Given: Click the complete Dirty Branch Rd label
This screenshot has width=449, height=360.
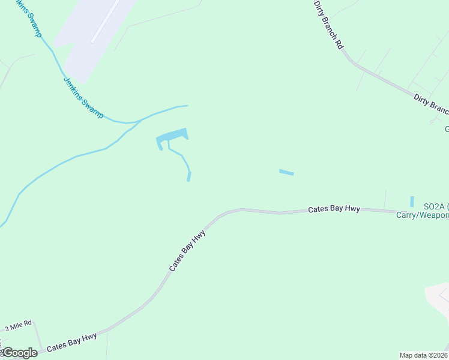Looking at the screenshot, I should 329,24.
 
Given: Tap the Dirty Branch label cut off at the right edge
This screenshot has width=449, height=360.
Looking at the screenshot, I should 431,103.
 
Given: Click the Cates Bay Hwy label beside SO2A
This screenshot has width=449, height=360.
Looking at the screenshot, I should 334,209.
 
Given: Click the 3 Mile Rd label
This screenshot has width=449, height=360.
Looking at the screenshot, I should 18,327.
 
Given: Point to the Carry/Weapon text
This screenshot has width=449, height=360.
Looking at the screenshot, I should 423,215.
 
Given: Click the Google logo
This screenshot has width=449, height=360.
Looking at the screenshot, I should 19,353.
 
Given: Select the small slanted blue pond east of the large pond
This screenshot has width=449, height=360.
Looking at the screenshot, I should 286,173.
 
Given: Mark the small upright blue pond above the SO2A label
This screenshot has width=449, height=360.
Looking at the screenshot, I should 412,202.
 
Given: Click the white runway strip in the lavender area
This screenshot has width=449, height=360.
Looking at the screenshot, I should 105,22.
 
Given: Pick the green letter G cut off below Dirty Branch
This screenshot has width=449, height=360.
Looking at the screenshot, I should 447,129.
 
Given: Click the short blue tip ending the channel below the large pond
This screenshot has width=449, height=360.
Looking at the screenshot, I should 189,176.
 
